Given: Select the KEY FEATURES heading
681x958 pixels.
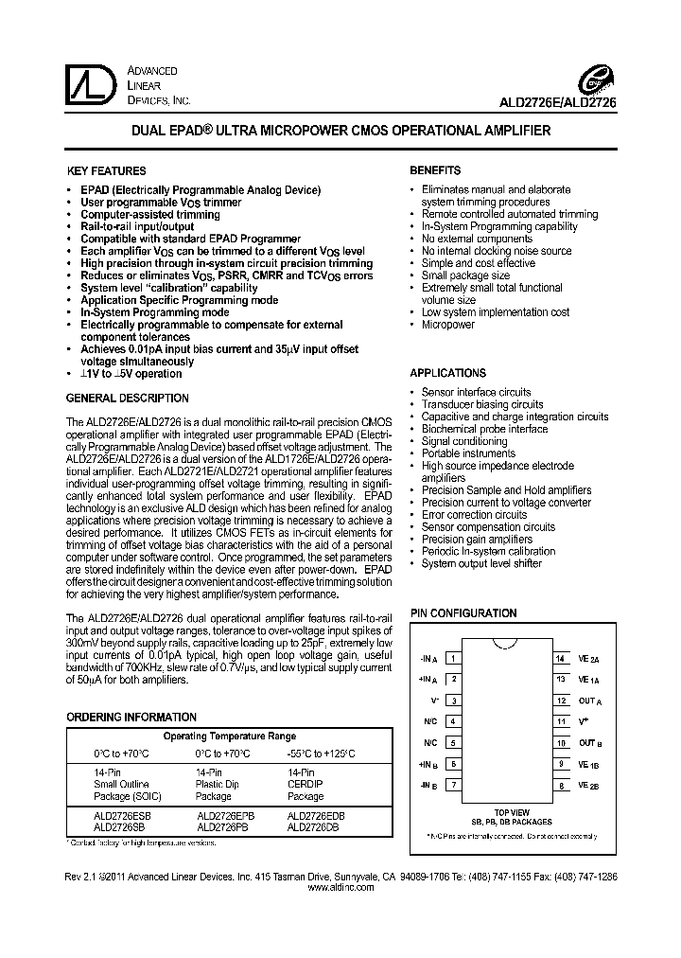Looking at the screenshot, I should pos(106,171).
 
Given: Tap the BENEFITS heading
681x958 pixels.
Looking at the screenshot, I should pos(435,171).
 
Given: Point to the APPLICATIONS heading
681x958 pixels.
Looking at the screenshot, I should pos(447,373).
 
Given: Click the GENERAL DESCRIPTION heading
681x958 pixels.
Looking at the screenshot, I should pos(128,399).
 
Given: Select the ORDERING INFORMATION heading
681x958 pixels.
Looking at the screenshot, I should pos(131,718).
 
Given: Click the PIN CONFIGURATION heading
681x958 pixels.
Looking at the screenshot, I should pos(463,613).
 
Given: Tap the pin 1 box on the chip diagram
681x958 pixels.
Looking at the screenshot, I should pos(454,658).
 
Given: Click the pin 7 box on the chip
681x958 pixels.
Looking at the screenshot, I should pos(454,785).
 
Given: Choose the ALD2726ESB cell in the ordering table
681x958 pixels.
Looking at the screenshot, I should pos(122,814).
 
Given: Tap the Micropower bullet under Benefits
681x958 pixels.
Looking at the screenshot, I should pos(447,325).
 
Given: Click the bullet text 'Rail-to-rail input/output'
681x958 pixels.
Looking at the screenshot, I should pos(137,227).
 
